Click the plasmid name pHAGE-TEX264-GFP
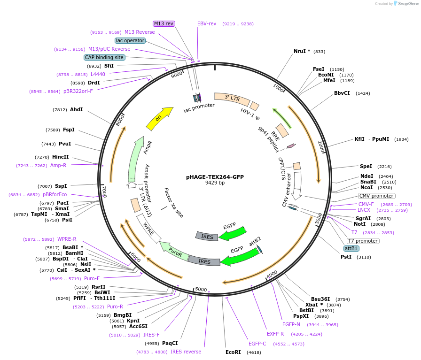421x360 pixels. (x=215, y=177)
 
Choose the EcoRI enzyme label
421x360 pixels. (x=233, y=352)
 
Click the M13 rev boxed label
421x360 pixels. (x=164, y=23)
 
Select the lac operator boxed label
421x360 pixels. (x=130, y=40)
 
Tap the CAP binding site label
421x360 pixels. (x=104, y=57)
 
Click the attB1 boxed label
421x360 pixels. (x=351, y=248)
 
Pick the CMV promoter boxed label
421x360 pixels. (x=376, y=196)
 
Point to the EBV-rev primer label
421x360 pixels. (x=207, y=23)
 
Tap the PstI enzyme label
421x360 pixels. (x=346, y=257)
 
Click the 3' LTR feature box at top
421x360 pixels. (x=232, y=98)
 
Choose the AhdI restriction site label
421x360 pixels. (x=76, y=109)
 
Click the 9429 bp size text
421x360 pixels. (x=215, y=183)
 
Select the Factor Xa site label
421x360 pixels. (x=173, y=203)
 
